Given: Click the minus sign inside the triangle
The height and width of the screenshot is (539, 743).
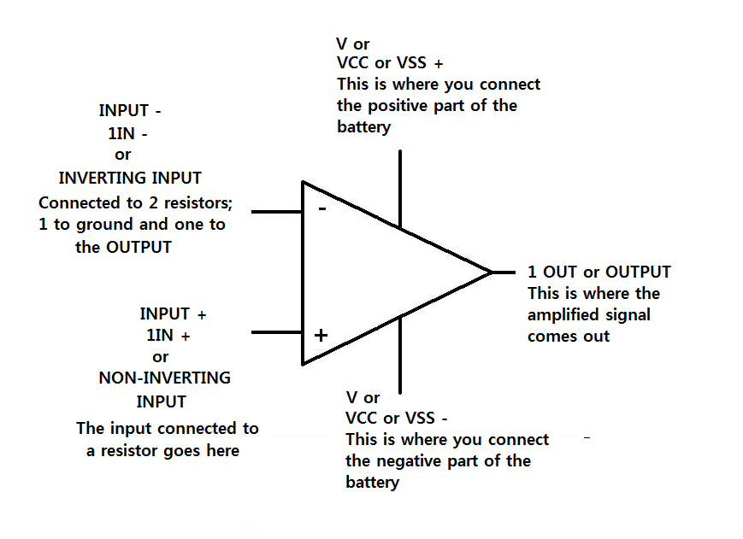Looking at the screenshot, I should click(321, 208).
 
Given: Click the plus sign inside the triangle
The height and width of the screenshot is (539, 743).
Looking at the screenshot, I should click(321, 335).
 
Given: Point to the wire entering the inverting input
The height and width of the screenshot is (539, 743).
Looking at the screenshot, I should click(276, 211).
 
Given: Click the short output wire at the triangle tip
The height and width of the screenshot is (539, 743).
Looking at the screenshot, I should click(504, 272).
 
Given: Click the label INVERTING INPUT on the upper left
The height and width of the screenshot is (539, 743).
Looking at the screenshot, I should click(130, 179).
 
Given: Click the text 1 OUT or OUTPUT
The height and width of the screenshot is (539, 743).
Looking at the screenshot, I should click(599, 272).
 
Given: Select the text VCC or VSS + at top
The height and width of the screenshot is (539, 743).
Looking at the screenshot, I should click(390, 63).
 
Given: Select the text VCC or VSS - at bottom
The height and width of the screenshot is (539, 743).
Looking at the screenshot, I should click(396, 419).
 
